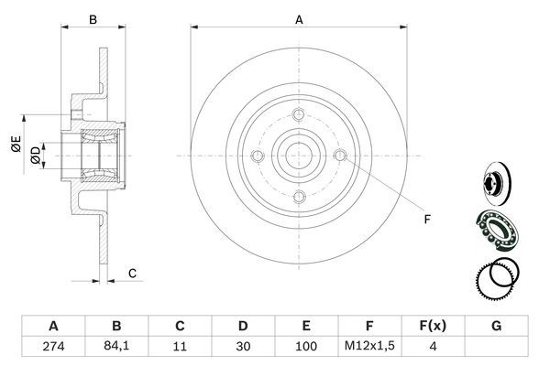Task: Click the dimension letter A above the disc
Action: click(x=299, y=18)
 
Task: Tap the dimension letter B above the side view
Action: click(x=92, y=18)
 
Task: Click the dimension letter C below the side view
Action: click(x=132, y=273)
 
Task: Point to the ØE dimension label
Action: click(x=16, y=144)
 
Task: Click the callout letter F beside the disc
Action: click(x=427, y=219)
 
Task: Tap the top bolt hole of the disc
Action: click(x=299, y=114)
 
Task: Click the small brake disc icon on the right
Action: click(x=496, y=180)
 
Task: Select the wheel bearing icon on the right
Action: click(x=496, y=227)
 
